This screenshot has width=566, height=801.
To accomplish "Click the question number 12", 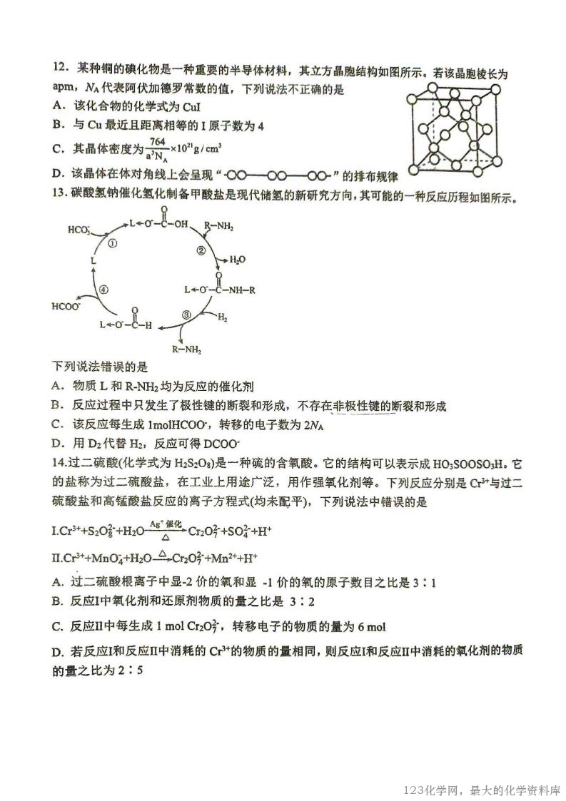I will tap(60, 69).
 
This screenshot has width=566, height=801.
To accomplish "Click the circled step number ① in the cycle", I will tap(112, 243).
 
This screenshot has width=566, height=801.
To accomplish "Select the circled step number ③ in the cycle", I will tap(186, 314).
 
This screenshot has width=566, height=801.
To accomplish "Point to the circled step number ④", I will tap(104, 290).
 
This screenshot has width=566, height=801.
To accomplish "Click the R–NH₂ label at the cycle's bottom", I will tap(187, 350).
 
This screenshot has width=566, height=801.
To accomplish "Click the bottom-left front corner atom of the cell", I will tap(414, 172).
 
